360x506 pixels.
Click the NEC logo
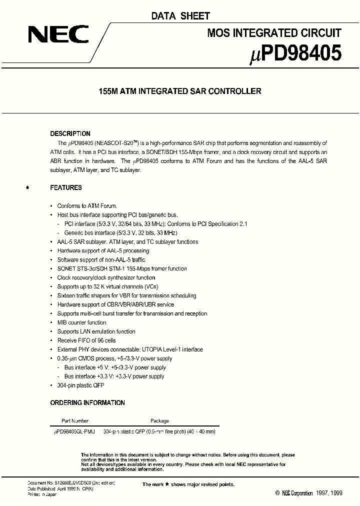[x=58, y=35]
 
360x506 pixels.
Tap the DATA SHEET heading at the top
[x=180, y=16]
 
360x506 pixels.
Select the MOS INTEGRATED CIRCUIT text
[x=274, y=33]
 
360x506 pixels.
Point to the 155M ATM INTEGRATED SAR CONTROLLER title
[x=180, y=91]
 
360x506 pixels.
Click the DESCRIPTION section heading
[x=70, y=133]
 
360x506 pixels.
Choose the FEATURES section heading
[x=66, y=187]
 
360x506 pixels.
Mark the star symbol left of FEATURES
[x=27, y=188]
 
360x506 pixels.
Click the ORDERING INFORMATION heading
[x=87, y=402]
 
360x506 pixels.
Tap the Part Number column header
[x=75, y=421]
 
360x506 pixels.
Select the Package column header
[x=159, y=421]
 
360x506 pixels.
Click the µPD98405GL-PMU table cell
[x=74, y=431]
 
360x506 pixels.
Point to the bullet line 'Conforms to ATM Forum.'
[x=87, y=206]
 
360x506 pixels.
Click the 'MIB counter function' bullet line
[x=81, y=322]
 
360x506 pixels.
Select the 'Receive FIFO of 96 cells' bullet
[x=87, y=340]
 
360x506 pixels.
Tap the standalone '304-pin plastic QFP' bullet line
[x=80, y=385]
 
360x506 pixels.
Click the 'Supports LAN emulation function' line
[x=96, y=331]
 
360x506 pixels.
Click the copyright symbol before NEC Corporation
[x=277, y=493]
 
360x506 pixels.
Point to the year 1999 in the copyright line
[x=336, y=493]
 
